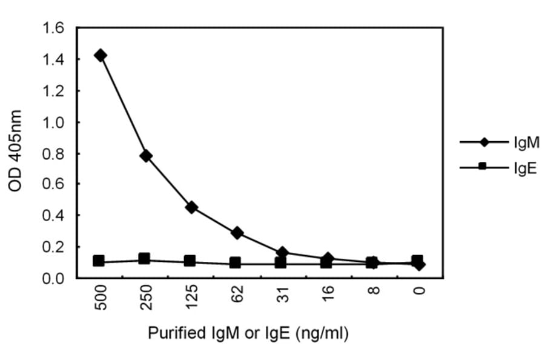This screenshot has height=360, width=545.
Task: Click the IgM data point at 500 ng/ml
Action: [101, 55]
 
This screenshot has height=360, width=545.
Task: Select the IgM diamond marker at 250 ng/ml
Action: [145, 156]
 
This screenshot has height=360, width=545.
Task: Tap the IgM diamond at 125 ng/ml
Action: [191, 207]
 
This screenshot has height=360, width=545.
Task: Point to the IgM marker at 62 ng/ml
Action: [237, 233]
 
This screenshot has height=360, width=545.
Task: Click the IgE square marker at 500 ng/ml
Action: [99, 261]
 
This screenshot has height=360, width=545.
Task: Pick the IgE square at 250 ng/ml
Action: [145, 259]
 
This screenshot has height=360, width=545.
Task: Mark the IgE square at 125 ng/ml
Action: [190, 261]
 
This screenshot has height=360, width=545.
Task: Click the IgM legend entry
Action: [526, 142]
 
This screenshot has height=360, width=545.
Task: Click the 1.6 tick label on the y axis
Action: [53, 28]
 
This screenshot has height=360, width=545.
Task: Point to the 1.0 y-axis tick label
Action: [53, 122]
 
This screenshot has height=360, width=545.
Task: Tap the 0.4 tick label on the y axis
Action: [53, 216]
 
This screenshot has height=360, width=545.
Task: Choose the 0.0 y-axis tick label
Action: [53, 279]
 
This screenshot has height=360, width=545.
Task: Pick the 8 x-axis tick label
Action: [374, 292]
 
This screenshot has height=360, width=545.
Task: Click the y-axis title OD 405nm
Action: [16, 151]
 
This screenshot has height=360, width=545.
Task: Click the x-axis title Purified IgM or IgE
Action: [248, 333]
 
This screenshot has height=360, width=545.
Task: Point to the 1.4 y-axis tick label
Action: [53, 59]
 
